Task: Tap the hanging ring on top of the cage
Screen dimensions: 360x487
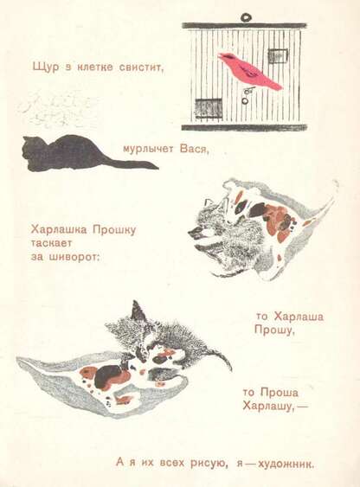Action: coord(247,16)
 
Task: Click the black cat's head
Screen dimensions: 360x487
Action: coord(30,152)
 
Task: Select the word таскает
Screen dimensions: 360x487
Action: coord(52,243)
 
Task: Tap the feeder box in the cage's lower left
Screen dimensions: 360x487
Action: coord(208,106)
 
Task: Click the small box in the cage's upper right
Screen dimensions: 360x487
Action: coord(278,56)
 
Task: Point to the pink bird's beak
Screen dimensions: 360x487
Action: coord(220,55)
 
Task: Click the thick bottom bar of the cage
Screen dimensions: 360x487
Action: coord(244,127)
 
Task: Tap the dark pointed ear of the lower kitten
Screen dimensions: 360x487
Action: coord(137,310)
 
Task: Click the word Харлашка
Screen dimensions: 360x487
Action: coord(60,230)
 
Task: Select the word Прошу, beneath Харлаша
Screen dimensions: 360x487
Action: coord(274,330)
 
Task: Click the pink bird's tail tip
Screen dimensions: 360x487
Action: coord(280,87)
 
